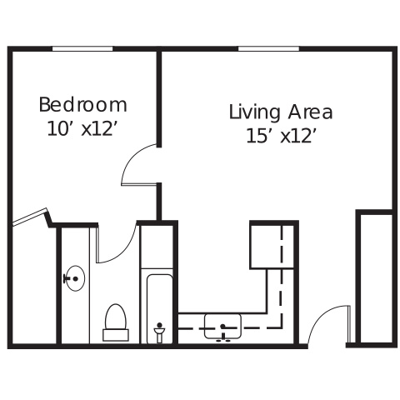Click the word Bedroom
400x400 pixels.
(82, 105)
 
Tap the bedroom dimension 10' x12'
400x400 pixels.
(81, 129)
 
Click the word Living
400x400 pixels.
(254, 112)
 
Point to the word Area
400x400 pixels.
(310, 112)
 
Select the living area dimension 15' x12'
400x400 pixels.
(281, 136)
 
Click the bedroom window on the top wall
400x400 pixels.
(82, 49)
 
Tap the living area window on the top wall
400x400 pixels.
(268, 49)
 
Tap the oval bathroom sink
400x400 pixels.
(75, 278)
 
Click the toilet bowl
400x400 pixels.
(116, 317)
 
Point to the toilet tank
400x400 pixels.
(116, 335)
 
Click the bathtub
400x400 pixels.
(159, 308)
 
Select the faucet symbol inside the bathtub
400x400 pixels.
(159, 332)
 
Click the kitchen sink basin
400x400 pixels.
(222, 327)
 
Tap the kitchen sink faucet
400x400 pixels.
(223, 332)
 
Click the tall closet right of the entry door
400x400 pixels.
(376, 278)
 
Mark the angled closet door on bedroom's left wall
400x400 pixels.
(29, 217)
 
